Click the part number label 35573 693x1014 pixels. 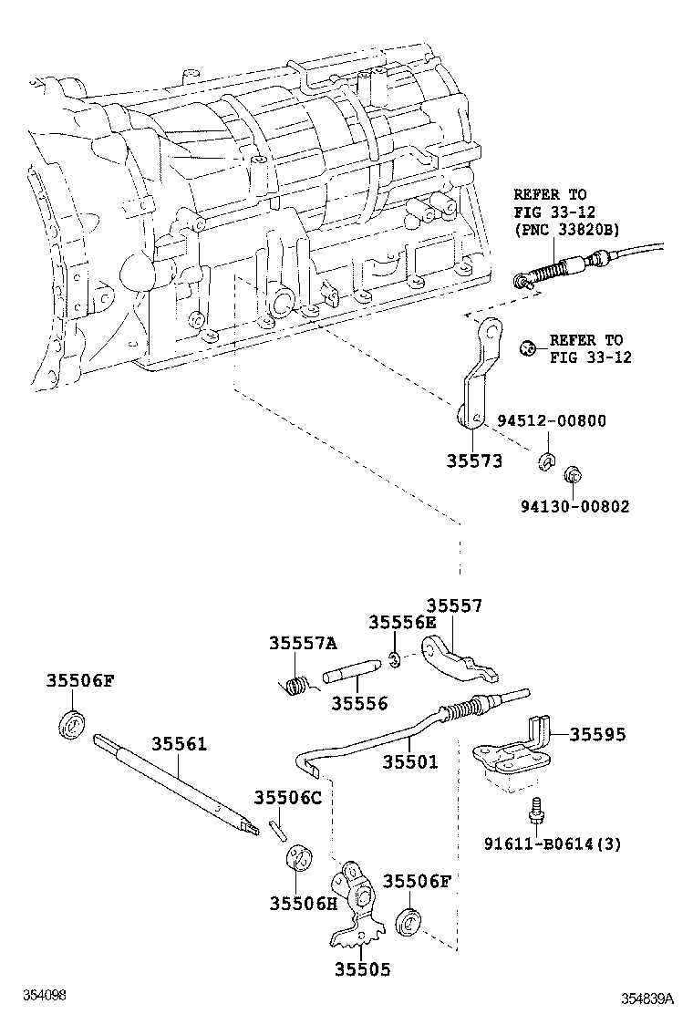click(x=474, y=461)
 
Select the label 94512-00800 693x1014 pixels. click(x=552, y=421)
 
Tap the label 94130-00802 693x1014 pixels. click(x=574, y=506)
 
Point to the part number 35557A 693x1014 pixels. click(x=303, y=643)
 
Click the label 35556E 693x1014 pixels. click(x=402, y=622)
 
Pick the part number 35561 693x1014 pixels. click(x=179, y=744)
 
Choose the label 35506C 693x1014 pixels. click(x=287, y=798)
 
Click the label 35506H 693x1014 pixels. click(x=303, y=904)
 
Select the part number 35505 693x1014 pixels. click(x=363, y=969)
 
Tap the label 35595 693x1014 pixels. click(x=598, y=735)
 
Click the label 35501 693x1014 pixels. click(x=409, y=761)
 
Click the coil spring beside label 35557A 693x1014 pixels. click(x=296, y=686)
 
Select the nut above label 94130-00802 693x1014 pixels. click(x=572, y=474)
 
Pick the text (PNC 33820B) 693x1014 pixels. click(x=566, y=229)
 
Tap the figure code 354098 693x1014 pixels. click(x=46, y=995)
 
